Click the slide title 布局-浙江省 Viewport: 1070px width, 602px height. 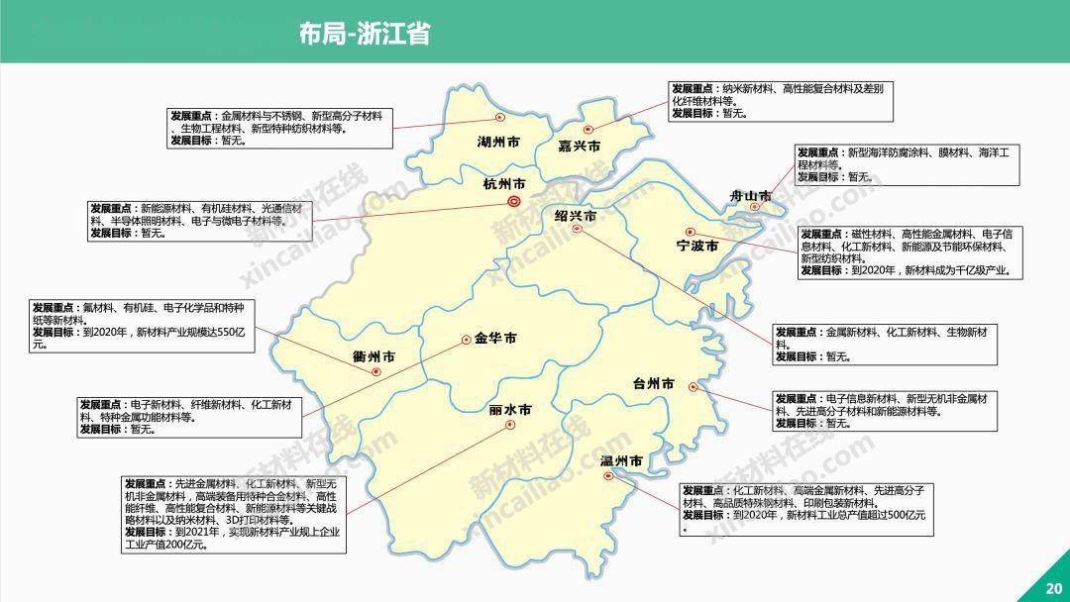[x=364, y=33]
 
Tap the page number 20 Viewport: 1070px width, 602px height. [x=1052, y=588]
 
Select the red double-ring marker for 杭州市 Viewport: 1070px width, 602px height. [x=514, y=202]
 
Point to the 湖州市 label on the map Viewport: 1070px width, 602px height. [x=498, y=142]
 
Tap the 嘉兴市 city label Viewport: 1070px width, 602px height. [x=580, y=147]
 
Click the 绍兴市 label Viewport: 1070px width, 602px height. [x=576, y=215]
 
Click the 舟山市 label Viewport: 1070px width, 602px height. [x=750, y=195]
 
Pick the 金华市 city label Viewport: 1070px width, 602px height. [x=495, y=339]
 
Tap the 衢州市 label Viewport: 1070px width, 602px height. [x=374, y=356]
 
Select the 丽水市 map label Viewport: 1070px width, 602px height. [x=510, y=409]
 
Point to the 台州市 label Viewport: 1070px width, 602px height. [x=654, y=383]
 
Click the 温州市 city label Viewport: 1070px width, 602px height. [x=622, y=461]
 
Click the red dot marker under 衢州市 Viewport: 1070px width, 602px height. [x=376, y=372]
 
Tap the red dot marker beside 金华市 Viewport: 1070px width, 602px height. [x=466, y=340]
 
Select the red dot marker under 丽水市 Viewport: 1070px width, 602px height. [x=510, y=425]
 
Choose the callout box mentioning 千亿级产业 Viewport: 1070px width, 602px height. [x=909, y=252]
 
